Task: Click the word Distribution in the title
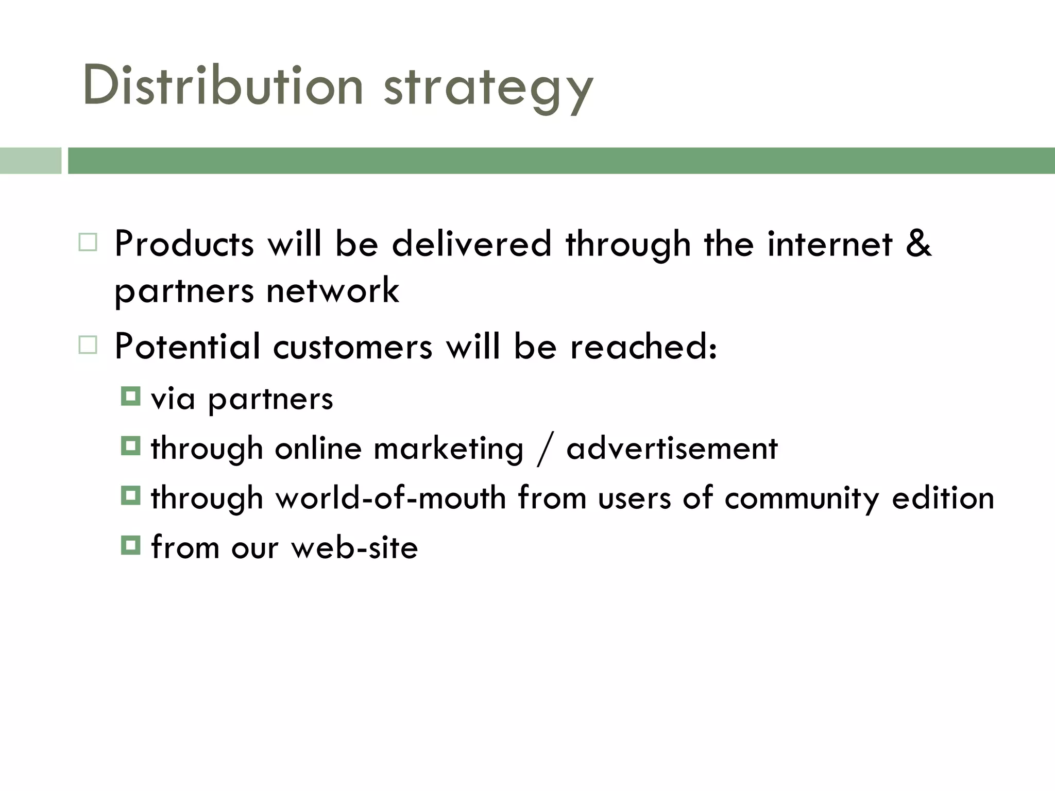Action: [223, 87]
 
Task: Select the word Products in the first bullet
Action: [184, 244]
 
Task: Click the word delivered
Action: [471, 244]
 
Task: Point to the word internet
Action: [829, 244]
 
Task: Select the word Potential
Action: [187, 346]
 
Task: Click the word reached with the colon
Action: [643, 347]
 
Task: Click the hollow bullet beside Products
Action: [88, 242]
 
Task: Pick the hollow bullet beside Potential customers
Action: [88, 345]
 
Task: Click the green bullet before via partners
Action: [130, 397]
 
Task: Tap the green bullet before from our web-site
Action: [130, 545]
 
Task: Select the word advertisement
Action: [672, 448]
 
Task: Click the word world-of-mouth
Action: [390, 498]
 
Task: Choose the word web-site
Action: [354, 547]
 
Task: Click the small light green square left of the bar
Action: [30, 161]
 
